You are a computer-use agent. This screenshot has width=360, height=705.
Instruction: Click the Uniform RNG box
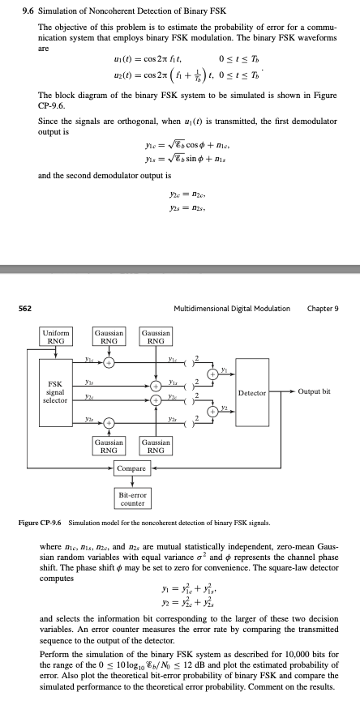[58, 335]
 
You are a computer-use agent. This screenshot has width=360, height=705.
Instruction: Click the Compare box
[131, 468]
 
